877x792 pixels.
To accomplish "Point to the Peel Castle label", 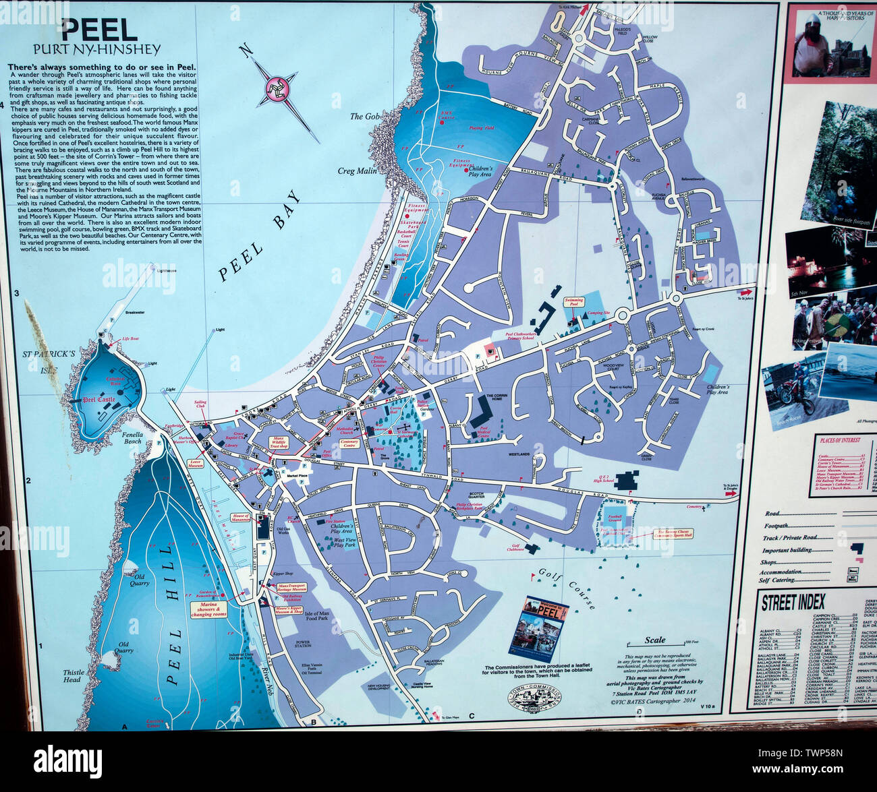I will pyautogui.click(x=98, y=400).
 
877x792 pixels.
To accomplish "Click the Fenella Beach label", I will pyautogui.click(x=132, y=437).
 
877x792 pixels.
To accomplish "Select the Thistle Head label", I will pyautogui.click(x=74, y=675).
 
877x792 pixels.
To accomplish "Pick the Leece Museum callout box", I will pyautogui.click(x=195, y=464).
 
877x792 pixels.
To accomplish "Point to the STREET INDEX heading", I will pyautogui.click(x=793, y=602).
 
